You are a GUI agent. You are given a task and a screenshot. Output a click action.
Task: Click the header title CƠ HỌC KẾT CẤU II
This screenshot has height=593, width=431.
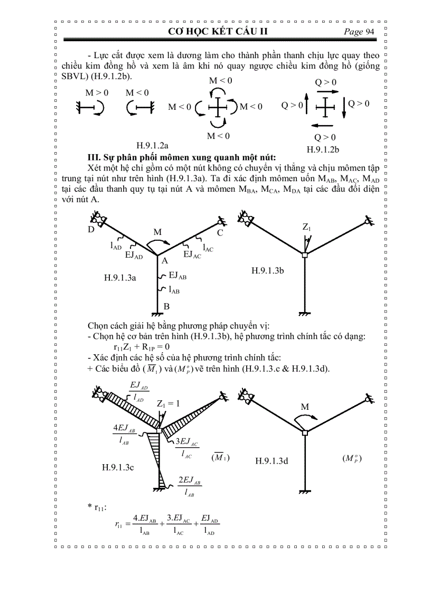218,32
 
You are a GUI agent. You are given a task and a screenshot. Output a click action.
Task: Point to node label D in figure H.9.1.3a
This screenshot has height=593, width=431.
91,230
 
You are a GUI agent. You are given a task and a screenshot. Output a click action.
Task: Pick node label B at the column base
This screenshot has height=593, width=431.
166,306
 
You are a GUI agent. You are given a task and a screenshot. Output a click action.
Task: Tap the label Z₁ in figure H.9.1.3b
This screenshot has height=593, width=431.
306,227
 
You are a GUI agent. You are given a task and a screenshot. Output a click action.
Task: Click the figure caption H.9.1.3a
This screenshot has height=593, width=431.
120,277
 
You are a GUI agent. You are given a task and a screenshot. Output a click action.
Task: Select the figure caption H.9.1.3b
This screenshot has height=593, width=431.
268,270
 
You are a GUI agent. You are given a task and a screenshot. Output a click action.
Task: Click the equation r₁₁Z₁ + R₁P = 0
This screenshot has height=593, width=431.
141,347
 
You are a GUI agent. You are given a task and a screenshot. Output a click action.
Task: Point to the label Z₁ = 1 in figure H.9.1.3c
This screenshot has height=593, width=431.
168,403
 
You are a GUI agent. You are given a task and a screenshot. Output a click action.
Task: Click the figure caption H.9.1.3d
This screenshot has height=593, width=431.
271,461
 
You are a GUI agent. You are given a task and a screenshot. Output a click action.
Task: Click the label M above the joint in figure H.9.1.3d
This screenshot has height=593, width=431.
305,407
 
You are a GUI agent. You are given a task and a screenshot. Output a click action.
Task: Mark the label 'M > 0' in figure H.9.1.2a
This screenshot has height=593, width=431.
97,93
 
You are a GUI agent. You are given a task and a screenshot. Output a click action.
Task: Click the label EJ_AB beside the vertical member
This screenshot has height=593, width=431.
178,275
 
